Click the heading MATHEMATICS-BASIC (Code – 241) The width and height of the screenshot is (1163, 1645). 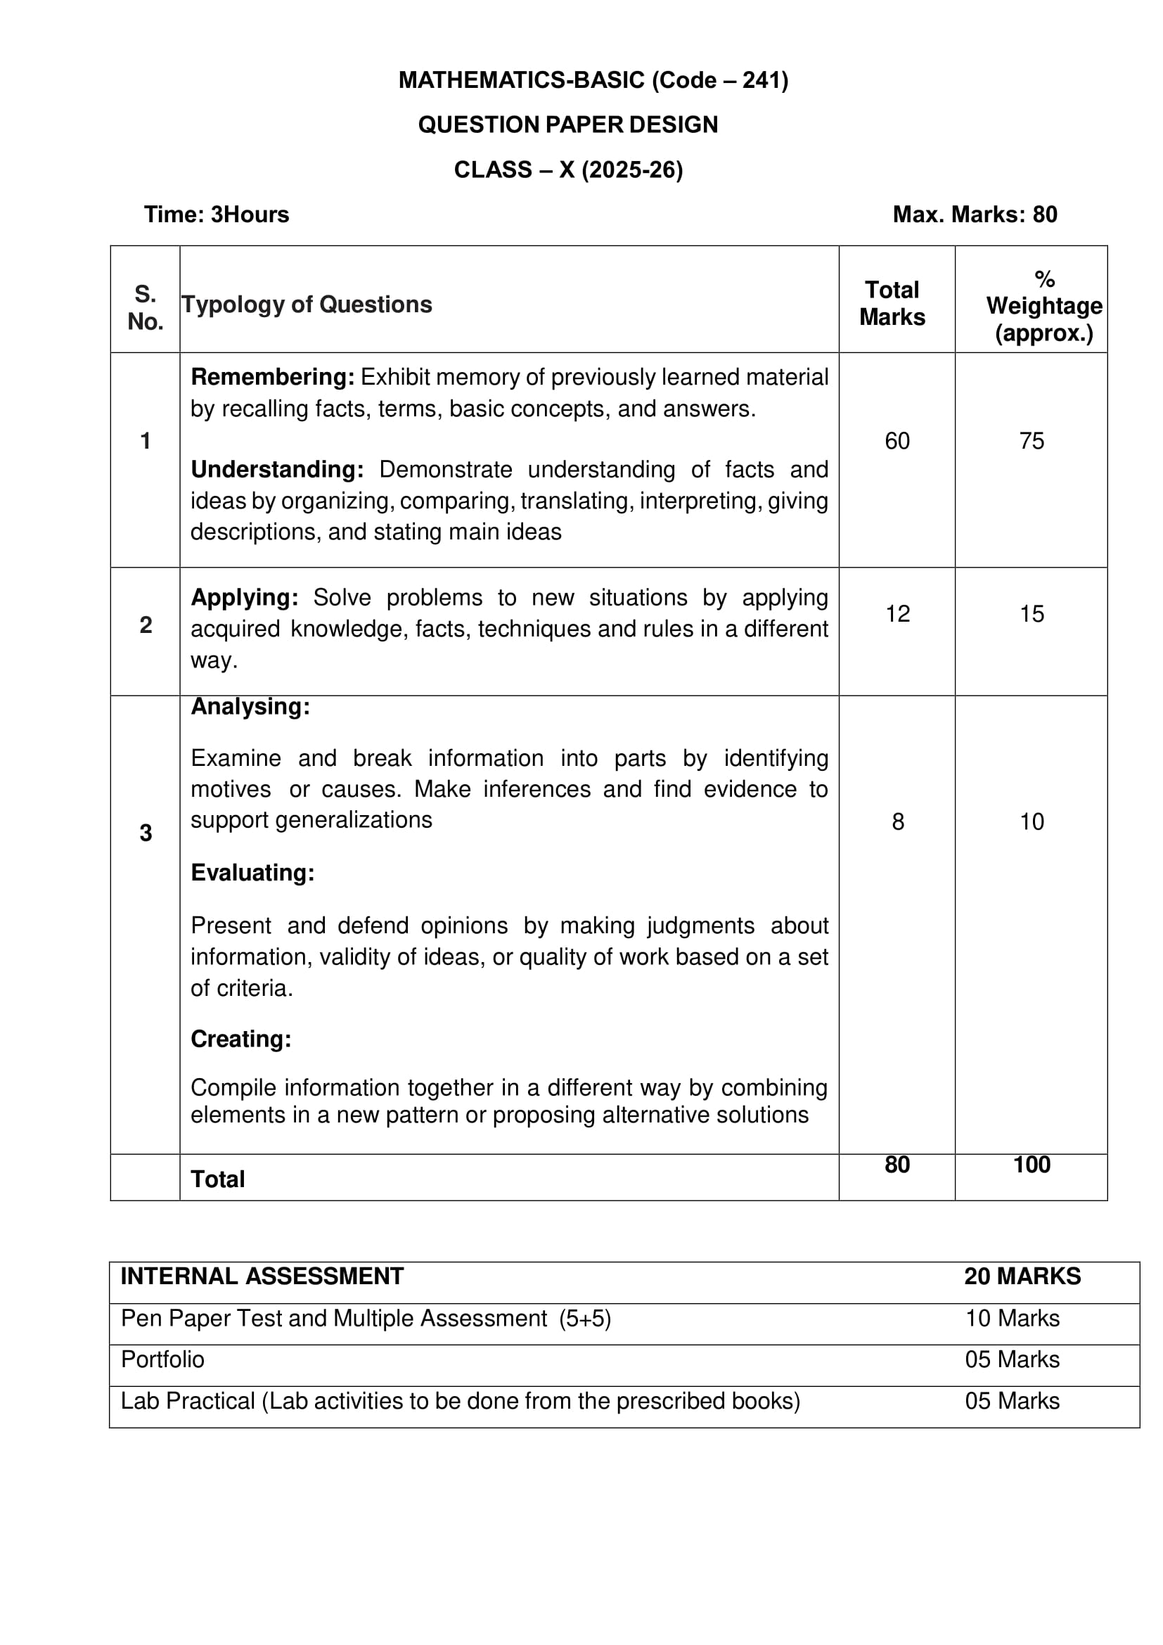click(x=593, y=80)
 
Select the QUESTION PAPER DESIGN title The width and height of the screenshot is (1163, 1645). click(x=568, y=124)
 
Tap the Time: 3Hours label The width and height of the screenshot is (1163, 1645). click(x=217, y=215)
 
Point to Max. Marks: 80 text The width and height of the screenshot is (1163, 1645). click(x=975, y=215)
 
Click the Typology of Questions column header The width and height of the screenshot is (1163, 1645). click(x=307, y=305)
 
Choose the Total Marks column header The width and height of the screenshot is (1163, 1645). click(x=892, y=304)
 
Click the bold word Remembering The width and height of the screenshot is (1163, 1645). click(x=272, y=377)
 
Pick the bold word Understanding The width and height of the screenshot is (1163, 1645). click(x=276, y=469)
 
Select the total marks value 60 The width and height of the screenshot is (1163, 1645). click(x=897, y=441)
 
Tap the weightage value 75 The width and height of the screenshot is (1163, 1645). click(x=1032, y=441)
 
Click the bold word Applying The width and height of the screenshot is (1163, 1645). click(x=244, y=598)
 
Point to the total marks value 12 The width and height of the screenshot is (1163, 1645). click(x=897, y=614)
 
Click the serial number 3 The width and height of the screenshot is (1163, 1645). click(x=146, y=833)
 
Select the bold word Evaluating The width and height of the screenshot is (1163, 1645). click(x=252, y=873)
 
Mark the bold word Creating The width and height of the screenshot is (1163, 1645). click(x=240, y=1039)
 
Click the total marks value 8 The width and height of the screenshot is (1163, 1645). click(x=897, y=821)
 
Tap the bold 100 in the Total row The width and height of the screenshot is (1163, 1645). click(x=1032, y=1165)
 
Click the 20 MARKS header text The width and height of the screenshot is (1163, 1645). click(x=1022, y=1276)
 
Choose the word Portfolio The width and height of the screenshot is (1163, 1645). click(x=162, y=1359)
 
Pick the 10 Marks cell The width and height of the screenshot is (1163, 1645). click(x=1012, y=1318)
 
